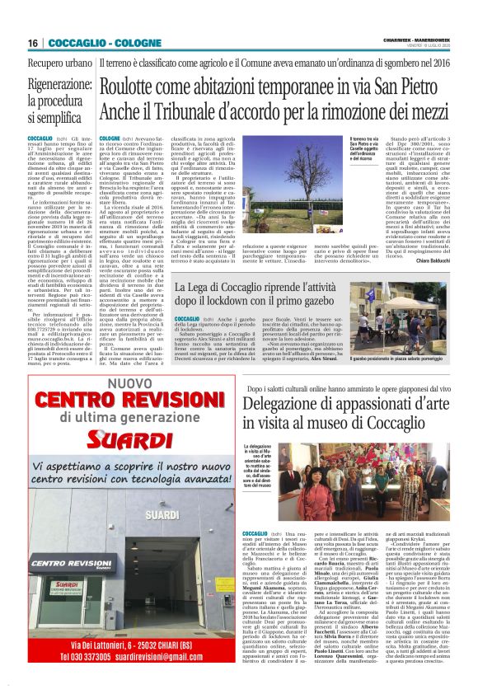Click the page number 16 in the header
[x=33, y=42]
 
